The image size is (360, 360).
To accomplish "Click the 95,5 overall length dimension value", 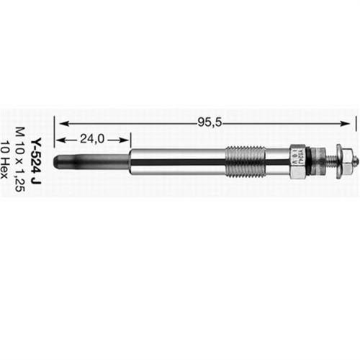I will coord(208,122).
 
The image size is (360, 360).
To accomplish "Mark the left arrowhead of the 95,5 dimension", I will coord(60,122).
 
